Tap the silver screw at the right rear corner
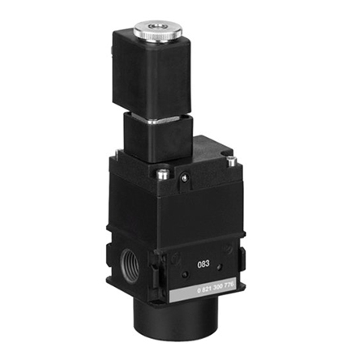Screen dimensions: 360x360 click(x=229, y=160)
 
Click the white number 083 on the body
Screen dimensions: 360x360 click(x=206, y=264)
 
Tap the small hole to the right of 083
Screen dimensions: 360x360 click(x=229, y=259)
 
